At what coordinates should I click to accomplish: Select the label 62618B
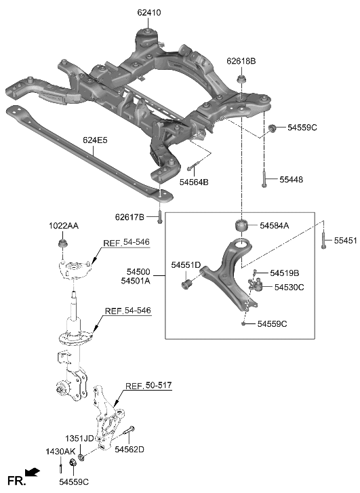(x=242, y=61)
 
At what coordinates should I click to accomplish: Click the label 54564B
(x=194, y=182)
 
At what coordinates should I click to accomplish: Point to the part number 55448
(x=289, y=180)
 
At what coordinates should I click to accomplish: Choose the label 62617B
(x=129, y=217)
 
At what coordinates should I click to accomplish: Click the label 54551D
(x=186, y=264)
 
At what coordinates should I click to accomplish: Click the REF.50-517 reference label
(x=148, y=386)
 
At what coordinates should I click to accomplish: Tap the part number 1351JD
(x=80, y=438)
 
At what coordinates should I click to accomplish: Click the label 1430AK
(x=60, y=452)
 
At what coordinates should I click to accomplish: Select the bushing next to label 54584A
(x=241, y=226)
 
